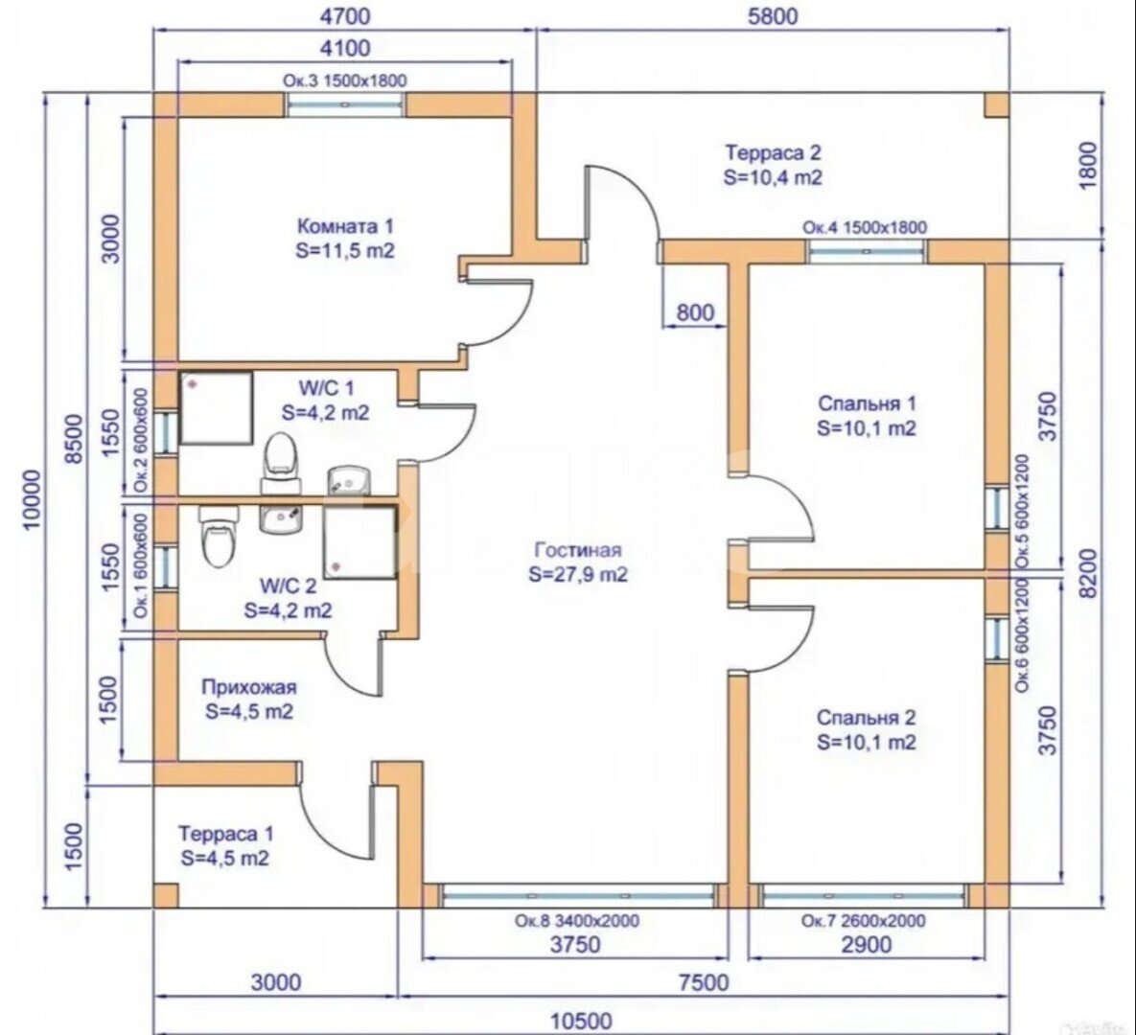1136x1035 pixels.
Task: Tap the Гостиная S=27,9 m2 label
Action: coord(578,562)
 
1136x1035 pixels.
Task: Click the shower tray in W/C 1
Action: coord(216,408)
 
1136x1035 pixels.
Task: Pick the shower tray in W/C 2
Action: coord(359,542)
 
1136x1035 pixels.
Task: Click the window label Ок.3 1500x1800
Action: coord(344,80)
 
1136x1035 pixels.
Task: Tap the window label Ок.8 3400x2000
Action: coord(574,921)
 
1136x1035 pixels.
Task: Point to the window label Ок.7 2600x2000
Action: coord(864,921)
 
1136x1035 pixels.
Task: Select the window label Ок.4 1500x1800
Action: coord(865,227)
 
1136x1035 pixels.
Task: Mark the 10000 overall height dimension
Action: coord(31,498)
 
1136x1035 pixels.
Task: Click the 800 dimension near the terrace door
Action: coord(695,312)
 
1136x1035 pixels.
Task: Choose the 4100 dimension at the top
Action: coord(346,48)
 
